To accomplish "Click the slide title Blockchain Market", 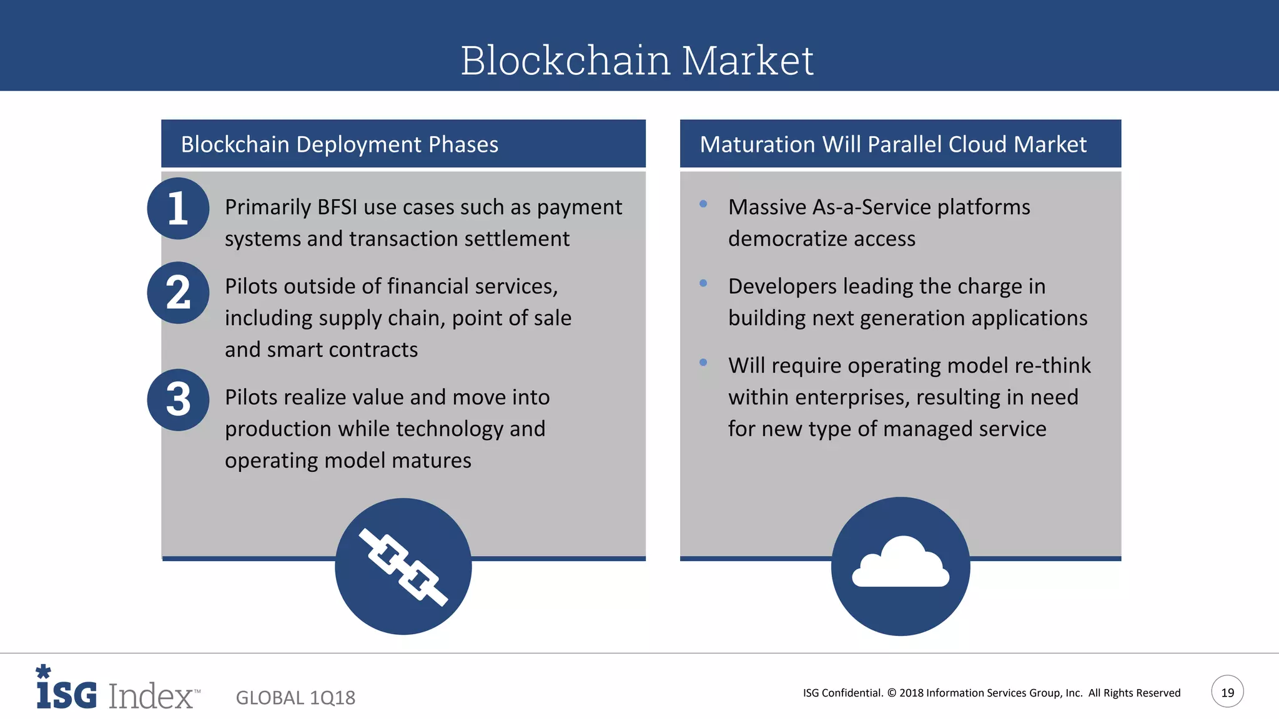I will tap(637, 61).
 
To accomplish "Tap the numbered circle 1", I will tap(178, 208).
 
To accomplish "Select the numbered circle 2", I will tap(178, 293).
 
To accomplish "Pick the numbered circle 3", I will tap(178, 399).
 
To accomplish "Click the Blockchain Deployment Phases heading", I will tap(339, 144).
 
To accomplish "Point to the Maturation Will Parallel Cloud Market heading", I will tap(892, 144).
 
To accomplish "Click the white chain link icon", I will tap(403, 567).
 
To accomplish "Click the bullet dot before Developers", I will tap(703, 283).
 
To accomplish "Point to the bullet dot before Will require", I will tap(703, 363).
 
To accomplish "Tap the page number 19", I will tap(1227, 692).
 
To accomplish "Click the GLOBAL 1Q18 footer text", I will tap(295, 698).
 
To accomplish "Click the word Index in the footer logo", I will tap(151, 695).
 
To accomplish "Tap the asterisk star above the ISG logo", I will tap(43, 672).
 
